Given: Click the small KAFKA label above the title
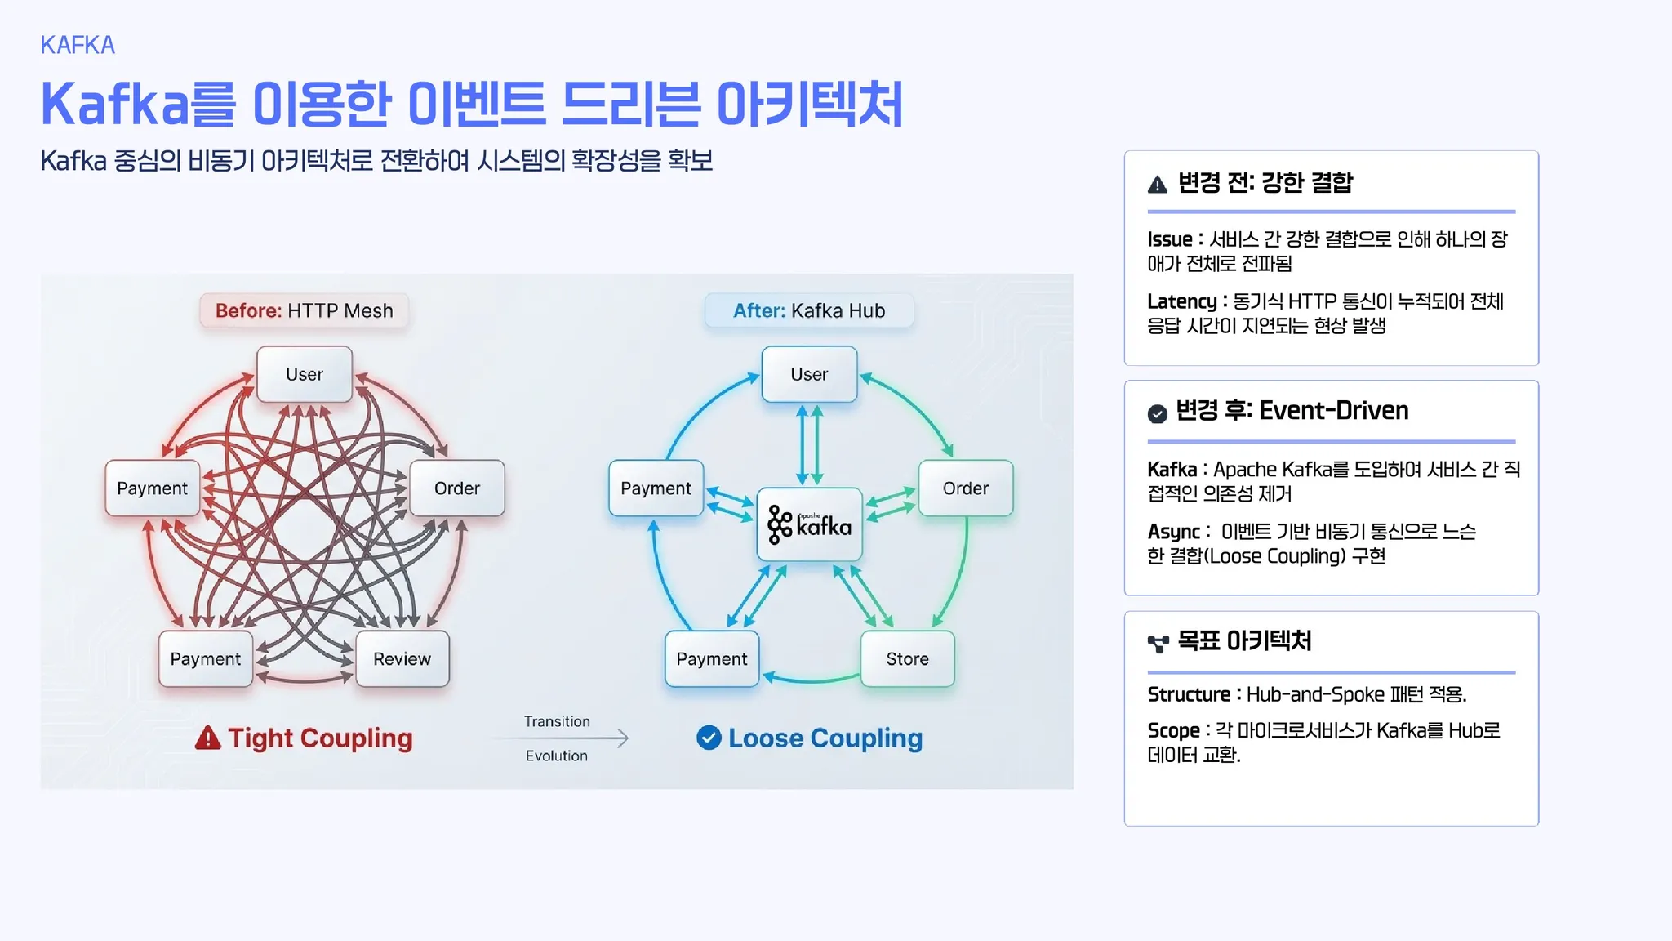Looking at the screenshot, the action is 78,45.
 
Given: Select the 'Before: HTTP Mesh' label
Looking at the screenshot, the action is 304,311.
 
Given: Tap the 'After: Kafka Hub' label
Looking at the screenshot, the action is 808,311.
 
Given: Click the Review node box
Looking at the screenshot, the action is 402,659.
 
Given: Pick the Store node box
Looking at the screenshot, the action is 907,659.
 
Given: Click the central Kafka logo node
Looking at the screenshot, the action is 809,524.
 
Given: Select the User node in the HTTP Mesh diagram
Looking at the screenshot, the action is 305,374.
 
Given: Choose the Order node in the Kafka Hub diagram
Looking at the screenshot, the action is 965,488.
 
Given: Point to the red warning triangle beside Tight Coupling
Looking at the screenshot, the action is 208,738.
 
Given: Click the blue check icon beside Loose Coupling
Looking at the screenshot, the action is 709,738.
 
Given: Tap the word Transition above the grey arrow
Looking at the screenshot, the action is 557,721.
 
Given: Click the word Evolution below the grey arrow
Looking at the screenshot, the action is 557,756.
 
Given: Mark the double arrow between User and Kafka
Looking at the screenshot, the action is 810,445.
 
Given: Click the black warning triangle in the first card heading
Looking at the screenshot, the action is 1157,185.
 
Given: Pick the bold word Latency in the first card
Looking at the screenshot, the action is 1181,301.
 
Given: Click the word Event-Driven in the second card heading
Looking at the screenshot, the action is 1333,410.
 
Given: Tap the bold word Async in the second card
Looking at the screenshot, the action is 1173,532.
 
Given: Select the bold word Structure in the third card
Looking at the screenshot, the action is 1188,694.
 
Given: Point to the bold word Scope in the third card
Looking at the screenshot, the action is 1173,730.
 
